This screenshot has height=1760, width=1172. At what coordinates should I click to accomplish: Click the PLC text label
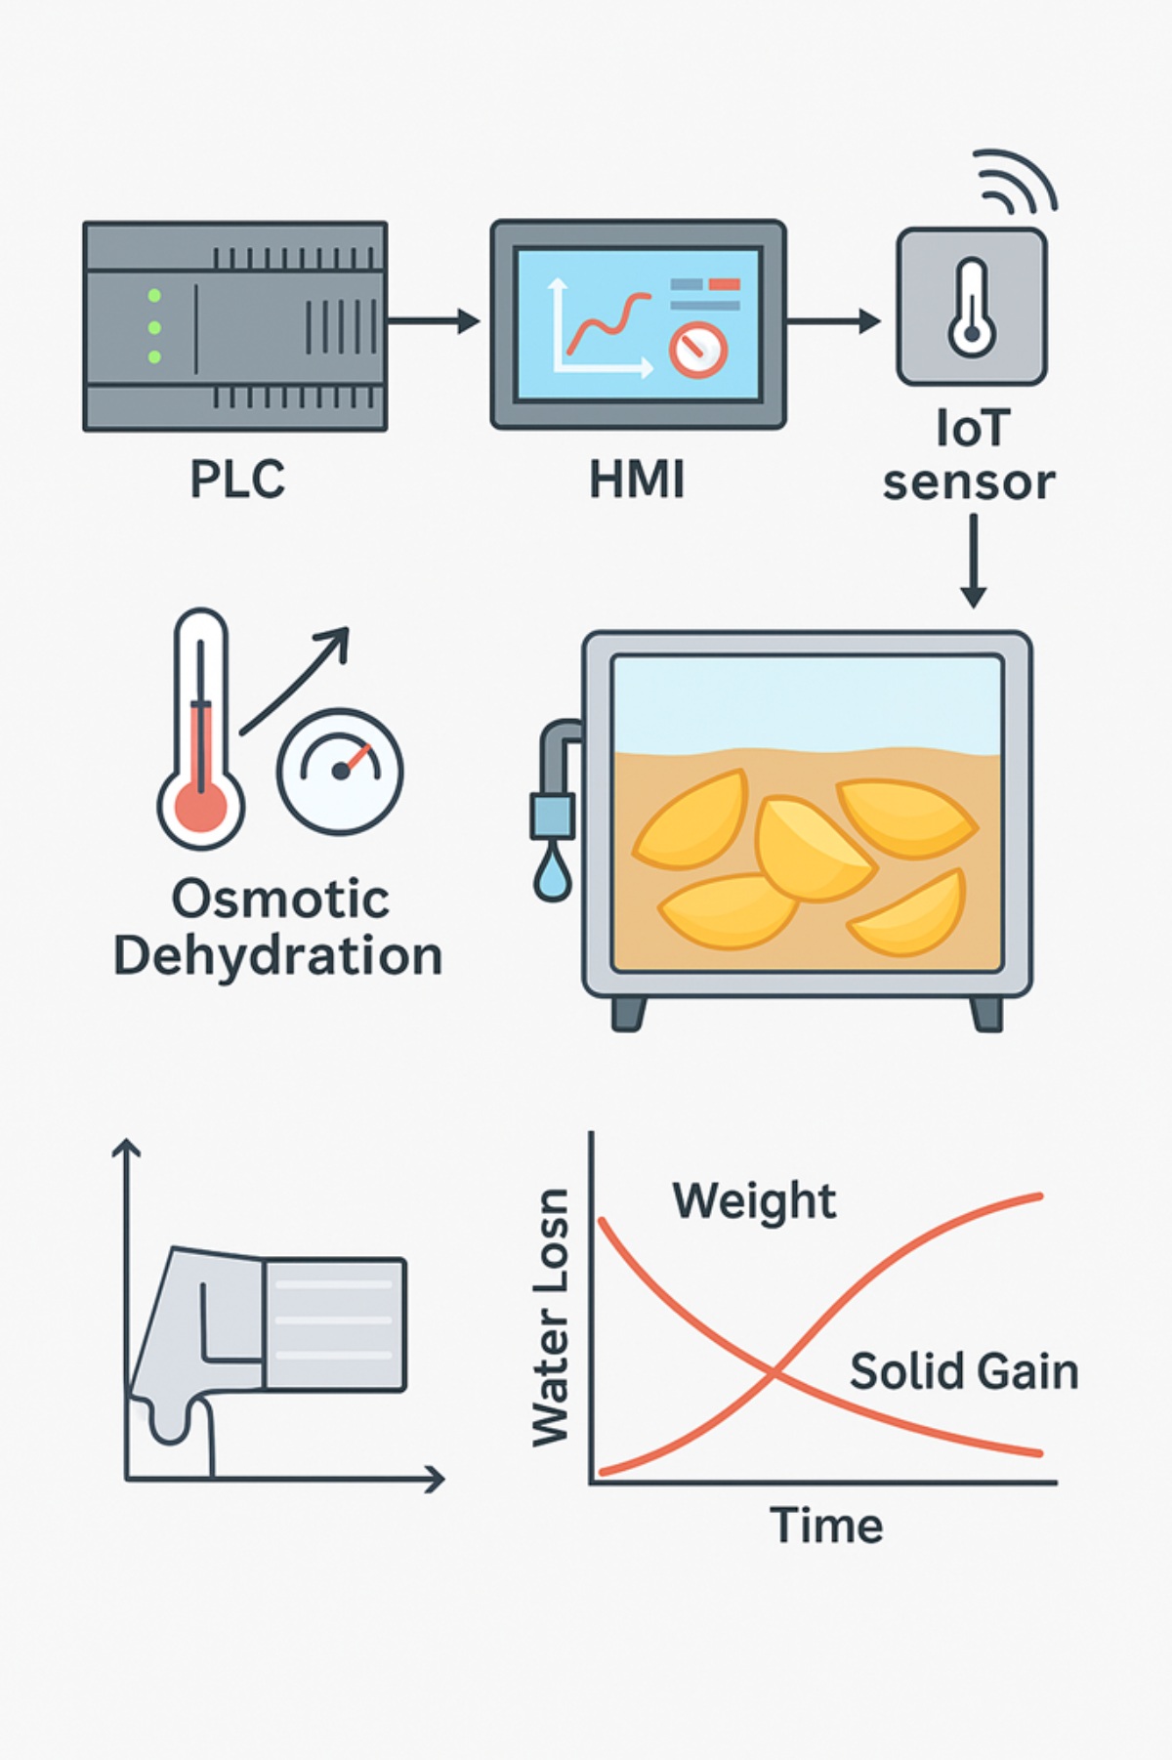click(237, 480)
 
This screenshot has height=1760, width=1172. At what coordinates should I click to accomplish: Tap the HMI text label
click(637, 480)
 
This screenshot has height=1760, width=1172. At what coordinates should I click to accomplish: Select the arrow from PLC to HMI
click(434, 320)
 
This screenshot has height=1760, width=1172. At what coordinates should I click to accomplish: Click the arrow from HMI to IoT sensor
click(833, 320)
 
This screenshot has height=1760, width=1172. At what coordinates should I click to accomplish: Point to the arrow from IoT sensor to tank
click(973, 561)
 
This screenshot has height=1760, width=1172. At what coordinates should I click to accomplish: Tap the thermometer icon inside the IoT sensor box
click(972, 307)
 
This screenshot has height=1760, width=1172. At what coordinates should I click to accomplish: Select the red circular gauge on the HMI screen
click(697, 350)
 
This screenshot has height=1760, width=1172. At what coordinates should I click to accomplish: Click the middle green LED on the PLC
click(154, 327)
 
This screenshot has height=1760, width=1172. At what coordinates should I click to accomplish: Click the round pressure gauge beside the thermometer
click(340, 771)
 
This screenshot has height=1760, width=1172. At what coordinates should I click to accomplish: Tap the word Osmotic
click(281, 899)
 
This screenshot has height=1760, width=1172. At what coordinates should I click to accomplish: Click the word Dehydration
click(278, 956)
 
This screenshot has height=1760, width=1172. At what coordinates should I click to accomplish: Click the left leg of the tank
click(628, 1013)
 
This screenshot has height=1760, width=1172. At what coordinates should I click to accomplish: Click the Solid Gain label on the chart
click(964, 1372)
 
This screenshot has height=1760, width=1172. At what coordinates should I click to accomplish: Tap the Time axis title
click(826, 1526)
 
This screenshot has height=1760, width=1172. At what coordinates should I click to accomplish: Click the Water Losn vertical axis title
click(551, 1318)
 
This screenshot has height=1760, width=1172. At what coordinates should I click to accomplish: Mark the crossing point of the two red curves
click(774, 1375)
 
